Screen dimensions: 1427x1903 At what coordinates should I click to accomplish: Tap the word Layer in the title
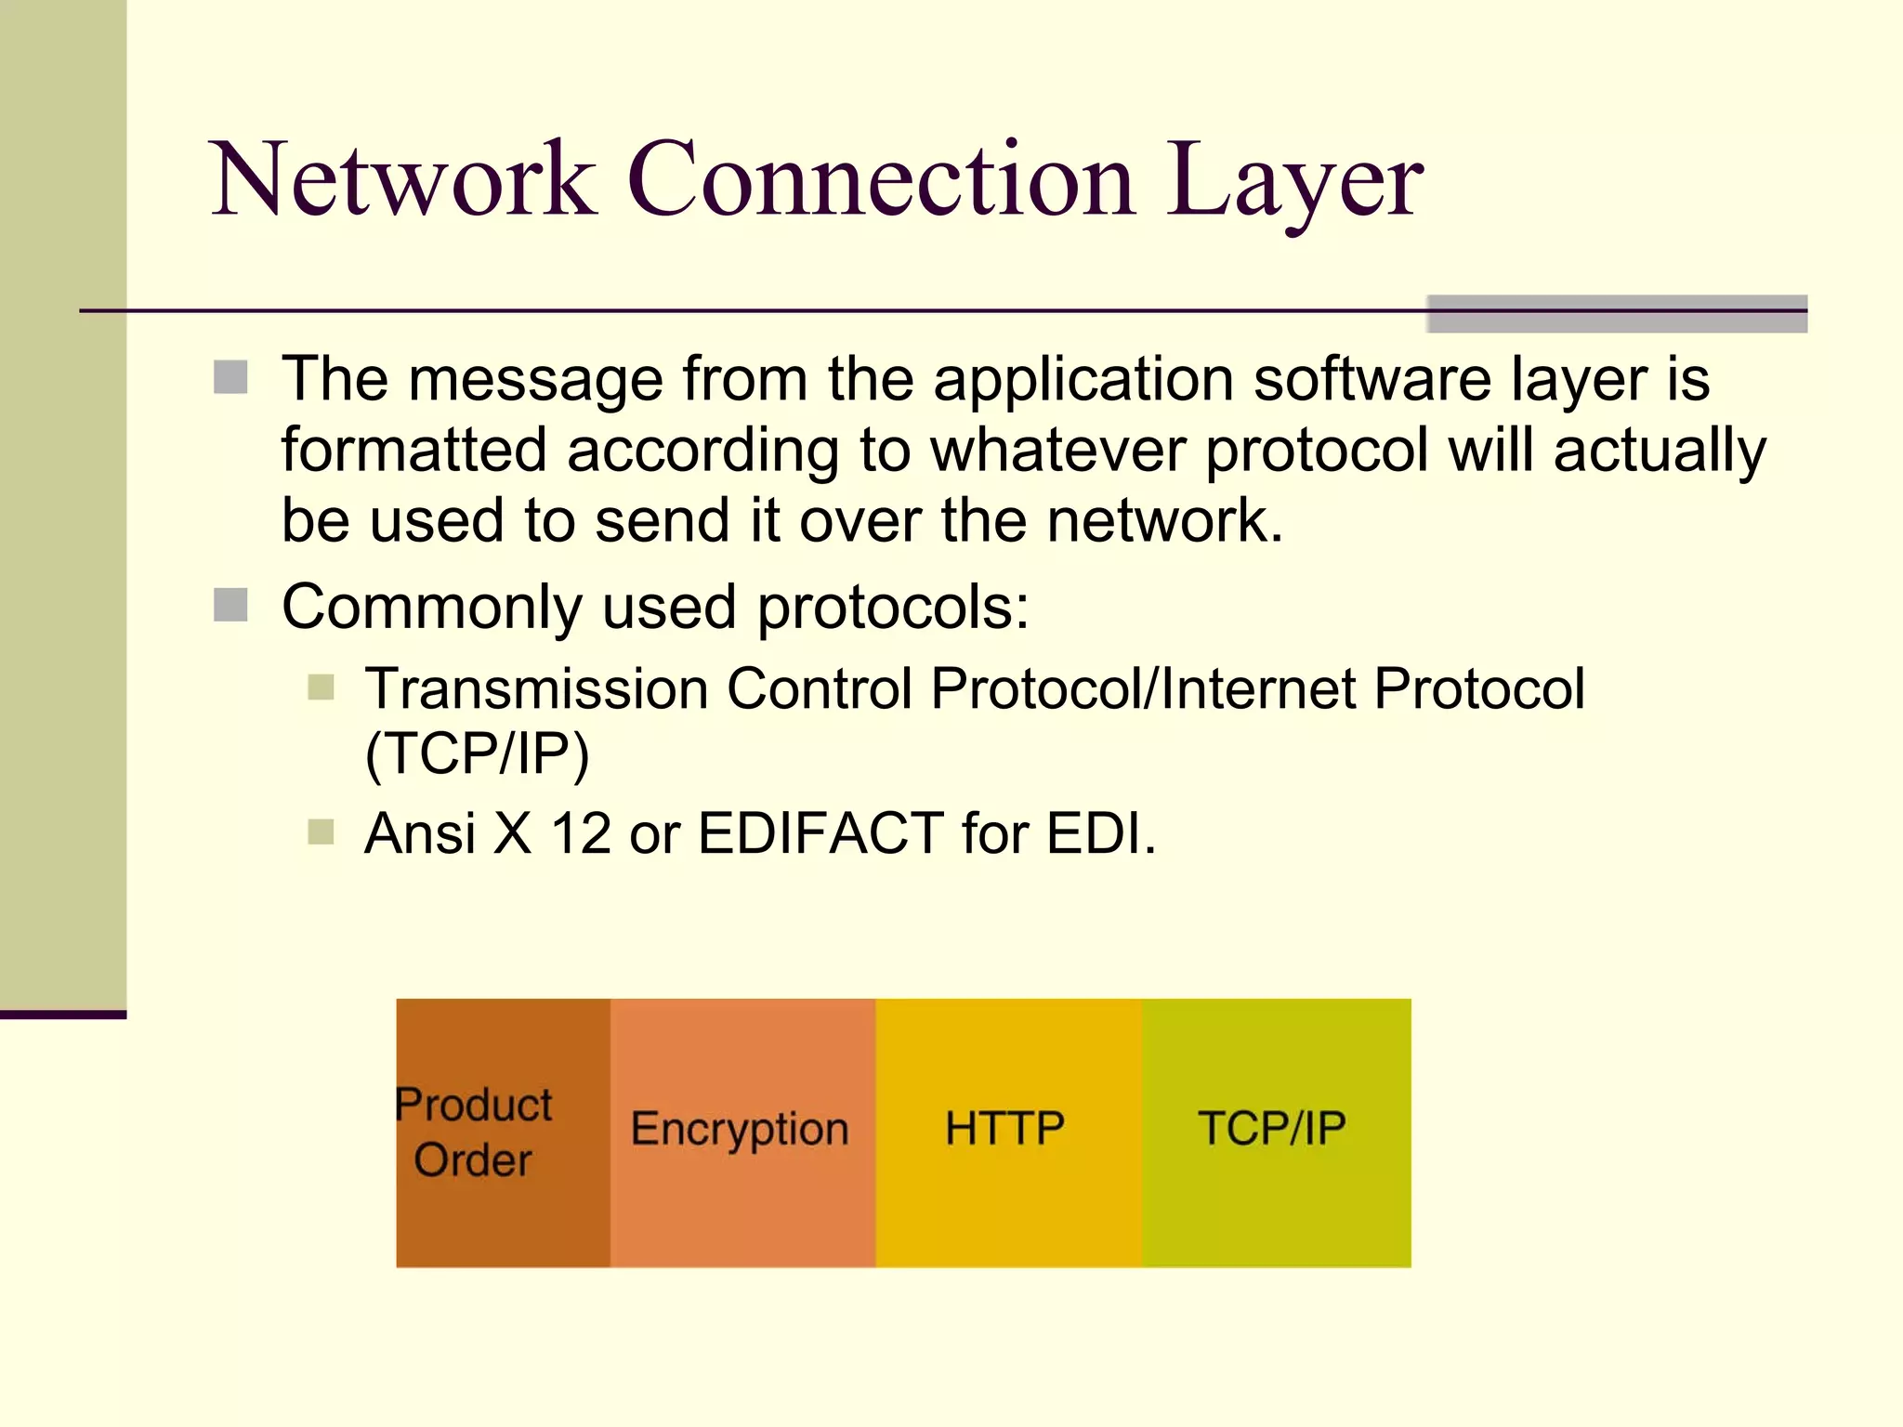pos(1293,180)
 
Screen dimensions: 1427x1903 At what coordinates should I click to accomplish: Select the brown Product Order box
pos(503,1132)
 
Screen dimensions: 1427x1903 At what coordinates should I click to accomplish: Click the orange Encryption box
pos(742,1132)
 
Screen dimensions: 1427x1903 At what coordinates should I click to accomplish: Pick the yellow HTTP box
pos(1007,1132)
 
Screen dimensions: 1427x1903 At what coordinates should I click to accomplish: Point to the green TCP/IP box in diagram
pos(1275,1132)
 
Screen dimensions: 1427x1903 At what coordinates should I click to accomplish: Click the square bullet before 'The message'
pos(230,378)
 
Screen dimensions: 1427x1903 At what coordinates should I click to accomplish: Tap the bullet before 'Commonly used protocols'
pos(230,605)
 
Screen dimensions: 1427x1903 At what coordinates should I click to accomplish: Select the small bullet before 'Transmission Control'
pos(321,687)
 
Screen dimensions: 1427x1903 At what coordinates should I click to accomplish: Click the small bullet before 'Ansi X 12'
pos(321,831)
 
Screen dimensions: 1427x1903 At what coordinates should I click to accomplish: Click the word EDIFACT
pos(820,832)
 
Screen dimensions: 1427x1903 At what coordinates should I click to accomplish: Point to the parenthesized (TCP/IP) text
pos(477,753)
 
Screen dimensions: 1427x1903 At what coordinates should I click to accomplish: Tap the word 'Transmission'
pos(536,689)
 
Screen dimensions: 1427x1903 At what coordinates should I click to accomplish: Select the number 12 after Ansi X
pos(581,833)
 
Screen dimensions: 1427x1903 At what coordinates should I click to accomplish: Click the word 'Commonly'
pos(431,609)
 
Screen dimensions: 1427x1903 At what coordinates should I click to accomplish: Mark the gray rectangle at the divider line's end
pos(1616,314)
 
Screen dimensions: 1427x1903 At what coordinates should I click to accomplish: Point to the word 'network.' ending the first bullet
pos(1164,520)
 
